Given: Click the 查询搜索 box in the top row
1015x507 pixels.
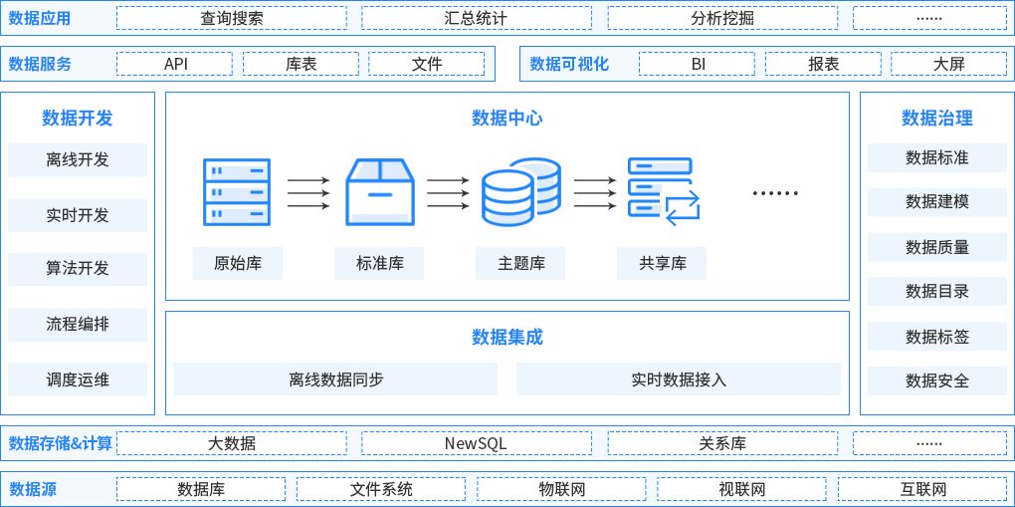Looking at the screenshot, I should pyautogui.click(x=231, y=18).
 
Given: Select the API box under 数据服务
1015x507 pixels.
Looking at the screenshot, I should pyautogui.click(x=174, y=64).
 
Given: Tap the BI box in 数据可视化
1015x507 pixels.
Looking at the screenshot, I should pyautogui.click(x=698, y=64).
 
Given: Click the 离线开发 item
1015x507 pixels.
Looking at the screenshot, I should pyautogui.click(x=78, y=159).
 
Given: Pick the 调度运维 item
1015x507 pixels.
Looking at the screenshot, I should pyautogui.click(x=78, y=380).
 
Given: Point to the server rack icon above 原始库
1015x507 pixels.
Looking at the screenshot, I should pyautogui.click(x=236, y=192).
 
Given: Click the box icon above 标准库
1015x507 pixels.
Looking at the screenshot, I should pyautogui.click(x=379, y=192).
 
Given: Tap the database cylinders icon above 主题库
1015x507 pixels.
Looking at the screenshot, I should pyautogui.click(x=520, y=192).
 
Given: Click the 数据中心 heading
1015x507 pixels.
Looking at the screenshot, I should pyautogui.click(x=507, y=119).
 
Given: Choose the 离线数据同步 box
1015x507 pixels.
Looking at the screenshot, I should pyautogui.click(x=335, y=380).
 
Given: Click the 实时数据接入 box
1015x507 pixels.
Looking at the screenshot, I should pyautogui.click(x=679, y=380).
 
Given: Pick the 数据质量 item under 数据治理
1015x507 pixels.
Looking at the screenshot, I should pyautogui.click(x=936, y=247).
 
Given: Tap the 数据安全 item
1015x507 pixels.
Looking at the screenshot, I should pyautogui.click(x=936, y=380).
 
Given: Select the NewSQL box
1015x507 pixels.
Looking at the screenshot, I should pyautogui.click(x=476, y=443).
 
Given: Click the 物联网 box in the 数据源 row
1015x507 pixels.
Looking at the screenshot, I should pyautogui.click(x=561, y=489).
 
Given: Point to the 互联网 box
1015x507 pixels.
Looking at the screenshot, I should pyautogui.click(x=922, y=489).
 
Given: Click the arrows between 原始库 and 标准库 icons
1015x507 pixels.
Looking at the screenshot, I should pyautogui.click(x=307, y=193).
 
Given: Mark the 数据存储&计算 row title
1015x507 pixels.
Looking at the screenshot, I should pyautogui.click(x=61, y=443).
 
